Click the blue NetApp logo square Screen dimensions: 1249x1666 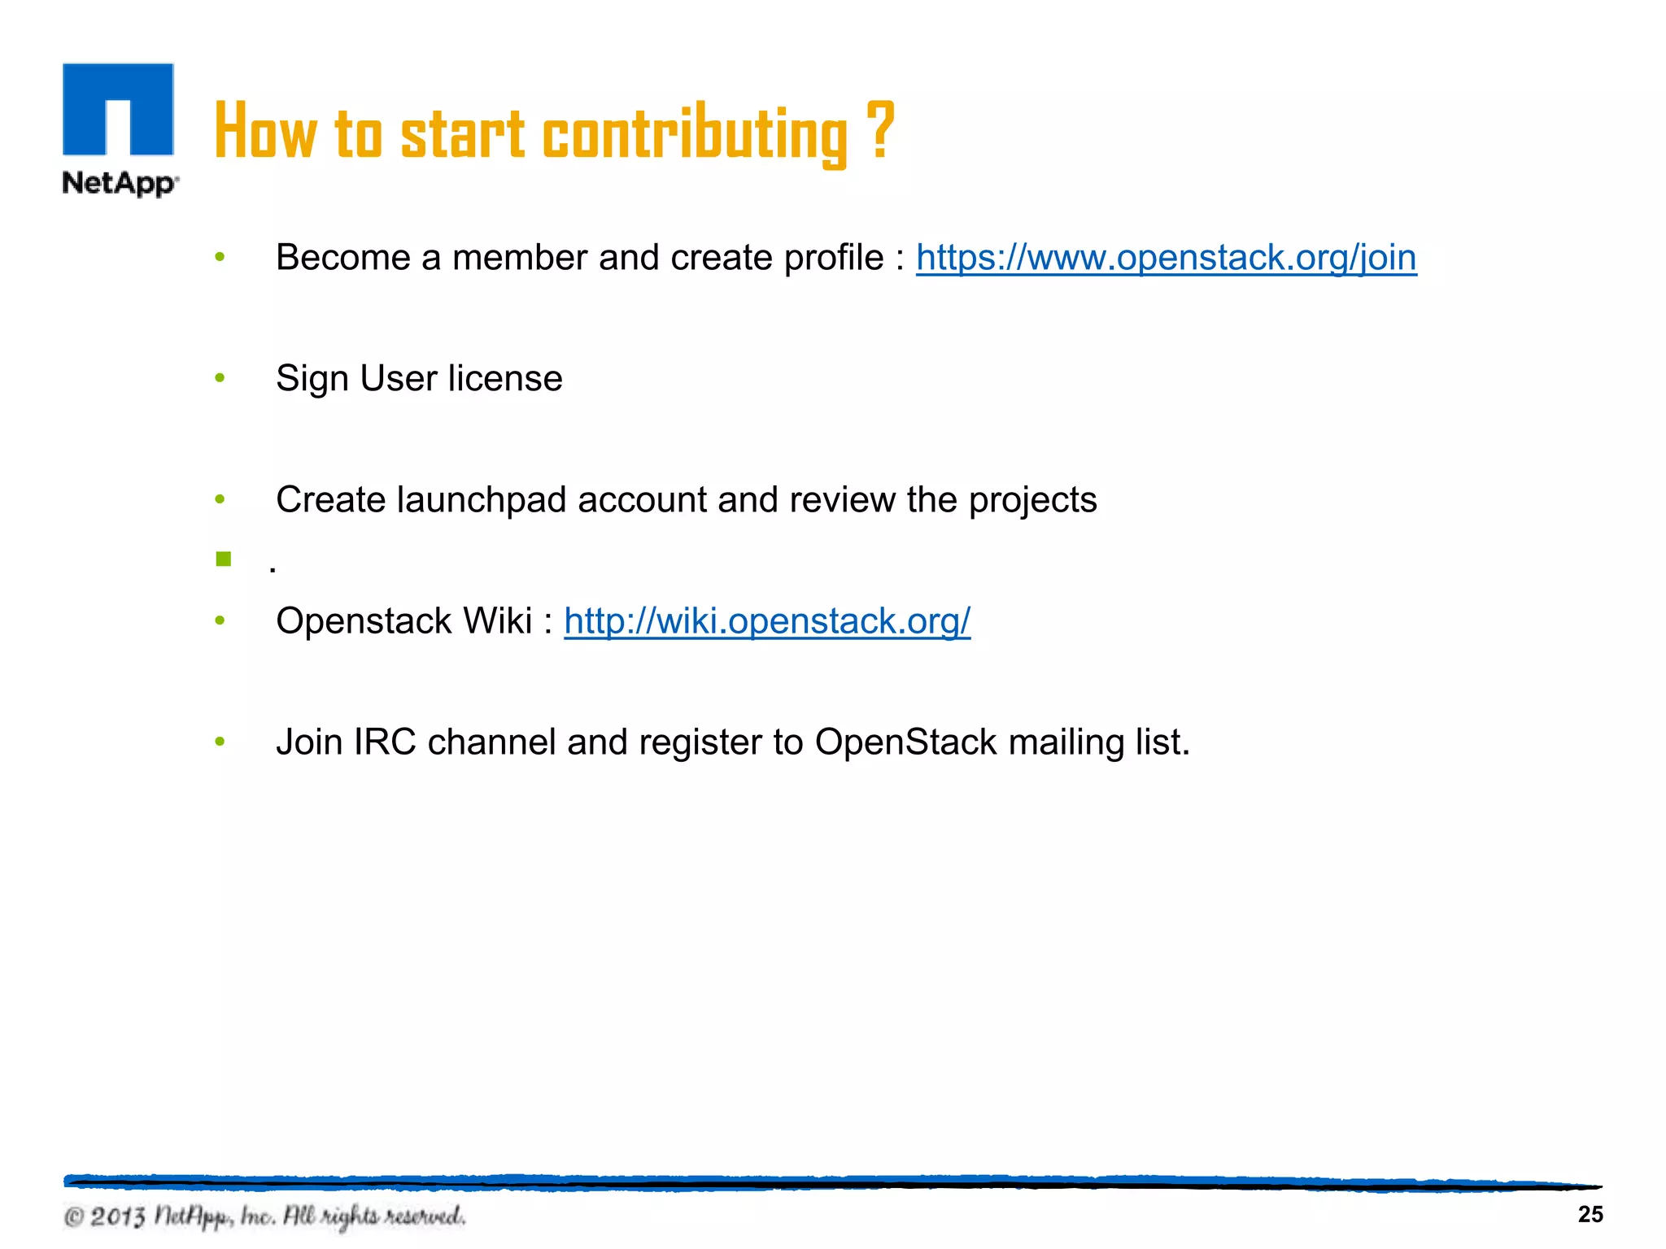[x=118, y=109]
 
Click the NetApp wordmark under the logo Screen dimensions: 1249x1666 [x=120, y=183]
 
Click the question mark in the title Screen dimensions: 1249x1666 [x=880, y=130]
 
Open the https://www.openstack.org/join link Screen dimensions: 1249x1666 [x=1166, y=258]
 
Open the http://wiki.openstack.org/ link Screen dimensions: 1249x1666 [x=767, y=621]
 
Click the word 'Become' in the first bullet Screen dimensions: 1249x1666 [x=343, y=258]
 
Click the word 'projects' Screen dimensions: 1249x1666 [x=1032, y=500]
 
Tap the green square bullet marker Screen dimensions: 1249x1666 [x=224, y=559]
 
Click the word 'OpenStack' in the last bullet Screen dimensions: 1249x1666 [x=905, y=742]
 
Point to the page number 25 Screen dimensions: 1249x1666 [x=1590, y=1215]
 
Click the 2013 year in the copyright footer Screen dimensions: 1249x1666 [x=118, y=1217]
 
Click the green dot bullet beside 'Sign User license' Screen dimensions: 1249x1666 [x=220, y=379]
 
